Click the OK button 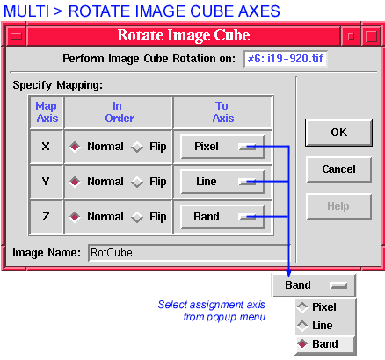(338, 133)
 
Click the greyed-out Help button (338, 206)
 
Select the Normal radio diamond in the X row (75, 147)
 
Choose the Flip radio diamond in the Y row (137, 182)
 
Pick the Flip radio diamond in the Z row (137, 217)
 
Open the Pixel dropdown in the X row (222, 147)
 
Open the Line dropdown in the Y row (222, 182)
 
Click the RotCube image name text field (189, 253)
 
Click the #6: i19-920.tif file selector (286, 59)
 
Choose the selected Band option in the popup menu (325, 344)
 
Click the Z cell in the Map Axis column (46, 217)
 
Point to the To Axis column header (222, 112)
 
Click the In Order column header (118, 112)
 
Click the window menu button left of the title (16, 36)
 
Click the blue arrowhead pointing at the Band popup (288, 272)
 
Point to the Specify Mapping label (58, 85)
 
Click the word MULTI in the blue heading (26, 11)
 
